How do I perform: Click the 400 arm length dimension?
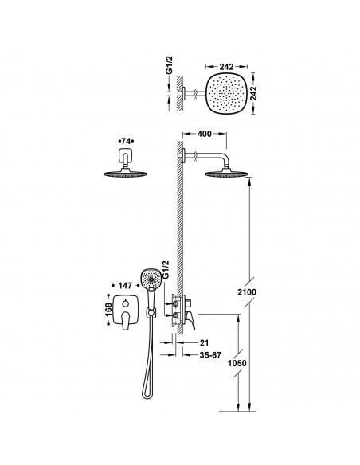205,134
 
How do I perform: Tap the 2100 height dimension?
247,292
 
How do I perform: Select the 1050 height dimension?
237,363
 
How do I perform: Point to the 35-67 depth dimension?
210,355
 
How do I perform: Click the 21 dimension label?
204,343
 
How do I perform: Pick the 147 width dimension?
125,286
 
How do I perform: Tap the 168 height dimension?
108,310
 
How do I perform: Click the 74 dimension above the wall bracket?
126,141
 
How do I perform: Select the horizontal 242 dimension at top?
226,67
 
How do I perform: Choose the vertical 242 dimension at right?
253,93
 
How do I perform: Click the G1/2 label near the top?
169,65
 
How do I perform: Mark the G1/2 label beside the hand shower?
166,270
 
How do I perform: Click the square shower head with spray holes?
227,93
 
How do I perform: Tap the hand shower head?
151,278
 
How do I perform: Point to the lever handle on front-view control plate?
125,321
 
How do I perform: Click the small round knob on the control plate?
125,303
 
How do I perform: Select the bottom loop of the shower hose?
147,393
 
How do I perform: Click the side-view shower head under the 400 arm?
228,174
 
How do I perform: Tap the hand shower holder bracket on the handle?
151,312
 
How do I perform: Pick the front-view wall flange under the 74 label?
126,155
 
